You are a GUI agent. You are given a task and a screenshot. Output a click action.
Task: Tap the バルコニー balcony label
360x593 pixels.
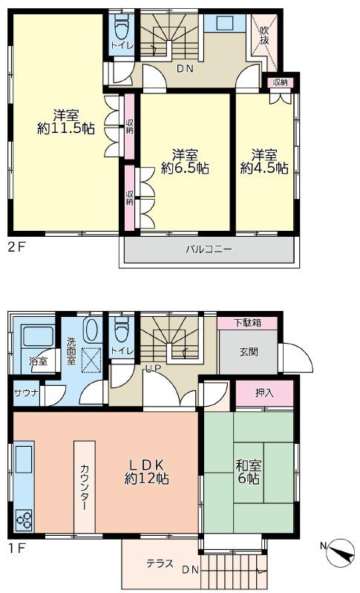tap(209, 249)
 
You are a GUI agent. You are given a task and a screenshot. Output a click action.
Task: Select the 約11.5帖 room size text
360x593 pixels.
tap(66, 128)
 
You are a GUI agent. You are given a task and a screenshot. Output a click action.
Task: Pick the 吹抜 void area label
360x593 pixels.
tap(264, 35)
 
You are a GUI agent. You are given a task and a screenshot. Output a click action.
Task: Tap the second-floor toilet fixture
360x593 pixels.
tap(122, 27)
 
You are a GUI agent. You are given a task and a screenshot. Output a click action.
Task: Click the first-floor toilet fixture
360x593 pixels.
tap(122, 327)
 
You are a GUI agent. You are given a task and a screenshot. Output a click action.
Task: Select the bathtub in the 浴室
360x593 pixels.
tap(38, 336)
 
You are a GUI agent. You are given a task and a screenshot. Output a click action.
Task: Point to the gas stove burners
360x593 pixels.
tap(24, 520)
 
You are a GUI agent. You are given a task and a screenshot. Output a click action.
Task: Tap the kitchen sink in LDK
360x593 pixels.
tap(24, 459)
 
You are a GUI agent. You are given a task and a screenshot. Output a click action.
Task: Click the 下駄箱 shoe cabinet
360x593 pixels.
tap(247, 323)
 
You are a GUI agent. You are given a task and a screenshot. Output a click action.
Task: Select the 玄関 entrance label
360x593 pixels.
tap(249, 352)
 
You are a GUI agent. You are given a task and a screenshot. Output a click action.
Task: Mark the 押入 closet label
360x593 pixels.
tap(264, 393)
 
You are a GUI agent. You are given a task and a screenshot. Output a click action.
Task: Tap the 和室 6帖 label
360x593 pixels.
tap(249, 472)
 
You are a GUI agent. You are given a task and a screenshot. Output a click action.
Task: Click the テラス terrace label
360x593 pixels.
tap(160, 563)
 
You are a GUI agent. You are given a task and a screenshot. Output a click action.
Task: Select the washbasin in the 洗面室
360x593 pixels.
tap(91, 330)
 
